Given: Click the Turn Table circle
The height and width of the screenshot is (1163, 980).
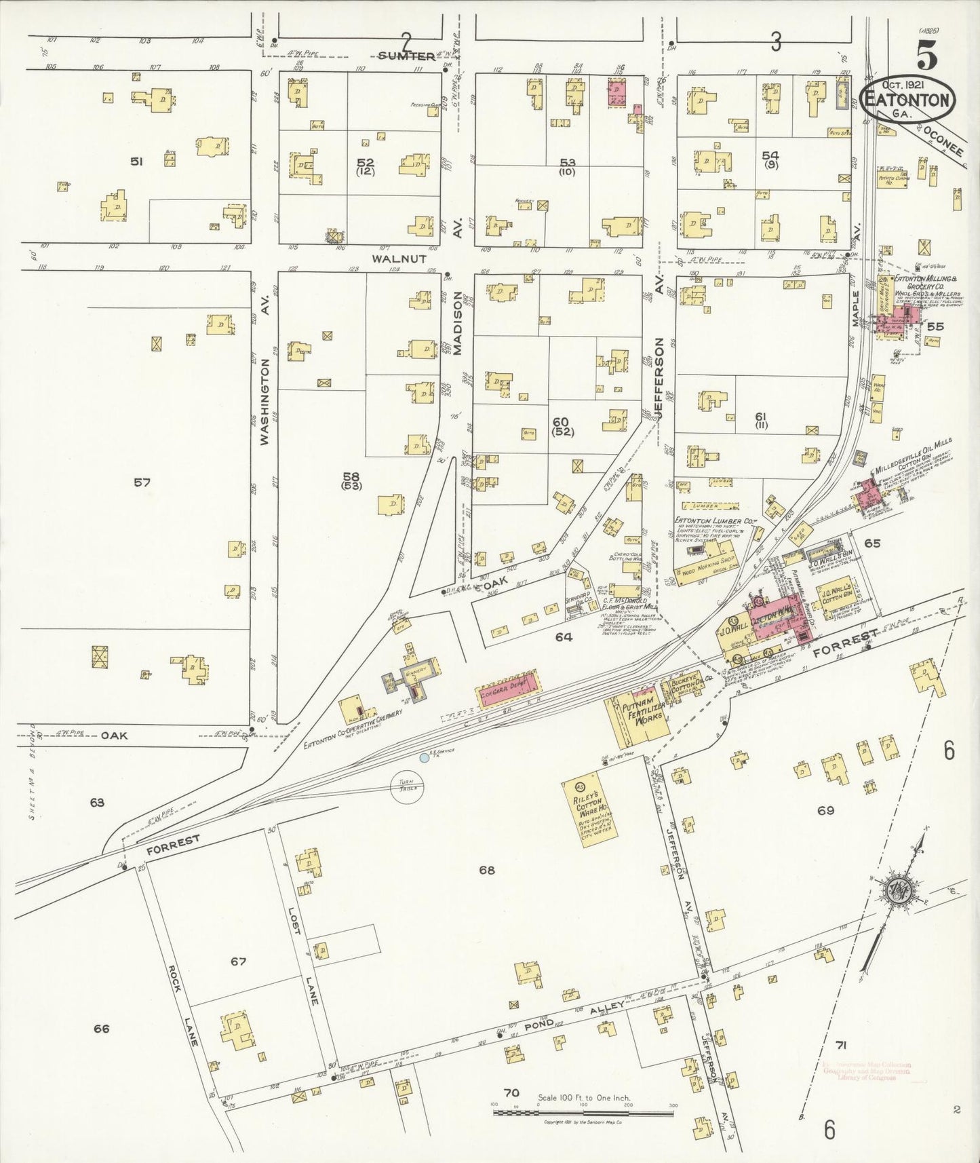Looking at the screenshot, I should click(409, 788).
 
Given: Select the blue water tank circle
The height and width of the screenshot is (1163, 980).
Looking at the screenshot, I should click(425, 757).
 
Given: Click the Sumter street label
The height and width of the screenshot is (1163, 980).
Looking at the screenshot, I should click(406, 56).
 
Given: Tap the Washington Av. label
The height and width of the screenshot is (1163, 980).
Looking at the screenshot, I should click(264, 402).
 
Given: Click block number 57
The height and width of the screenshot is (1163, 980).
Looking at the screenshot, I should click(141, 482).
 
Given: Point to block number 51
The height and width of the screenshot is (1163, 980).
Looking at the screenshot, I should click(136, 161).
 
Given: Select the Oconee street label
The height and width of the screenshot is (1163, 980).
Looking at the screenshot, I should click(943, 141).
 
